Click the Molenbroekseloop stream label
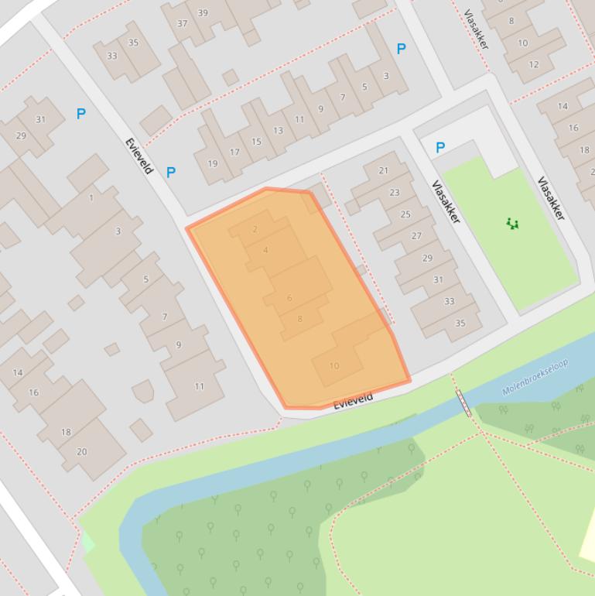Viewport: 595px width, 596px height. click(x=535, y=377)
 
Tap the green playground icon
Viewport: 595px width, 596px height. click(x=511, y=224)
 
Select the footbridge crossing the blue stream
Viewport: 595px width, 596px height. click(x=463, y=402)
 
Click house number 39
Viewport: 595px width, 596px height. click(x=203, y=12)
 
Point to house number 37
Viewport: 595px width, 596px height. click(x=183, y=23)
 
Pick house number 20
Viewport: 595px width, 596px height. click(x=81, y=451)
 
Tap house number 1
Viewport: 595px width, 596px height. click(x=91, y=197)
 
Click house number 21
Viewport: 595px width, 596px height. click(x=384, y=170)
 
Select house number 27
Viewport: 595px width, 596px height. click(x=416, y=236)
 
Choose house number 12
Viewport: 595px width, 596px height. click(x=534, y=64)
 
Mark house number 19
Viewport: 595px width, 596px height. click(x=213, y=163)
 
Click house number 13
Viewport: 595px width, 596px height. click(x=278, y=130)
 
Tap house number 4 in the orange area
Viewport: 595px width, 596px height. click(x=265, y=250)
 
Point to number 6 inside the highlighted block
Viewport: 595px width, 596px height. click(x=289, y=298)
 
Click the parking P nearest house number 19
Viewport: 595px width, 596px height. click(x=170, y=173)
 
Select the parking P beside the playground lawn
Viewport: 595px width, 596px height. click(x=440, y=147)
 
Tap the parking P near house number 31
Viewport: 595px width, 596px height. click(x=80, y=114)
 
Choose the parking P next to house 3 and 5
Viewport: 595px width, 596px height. click(x=401, y=49)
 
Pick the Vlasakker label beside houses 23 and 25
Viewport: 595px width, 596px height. click(x=446, y=202)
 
